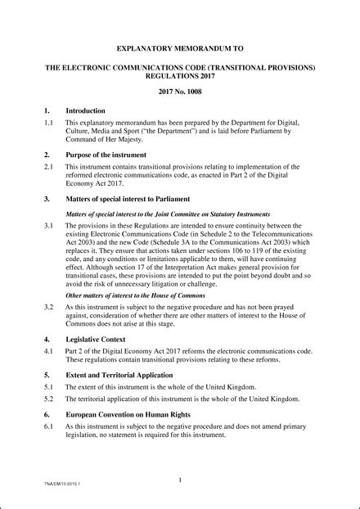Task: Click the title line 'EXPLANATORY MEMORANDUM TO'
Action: click(x=179, y=48)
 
